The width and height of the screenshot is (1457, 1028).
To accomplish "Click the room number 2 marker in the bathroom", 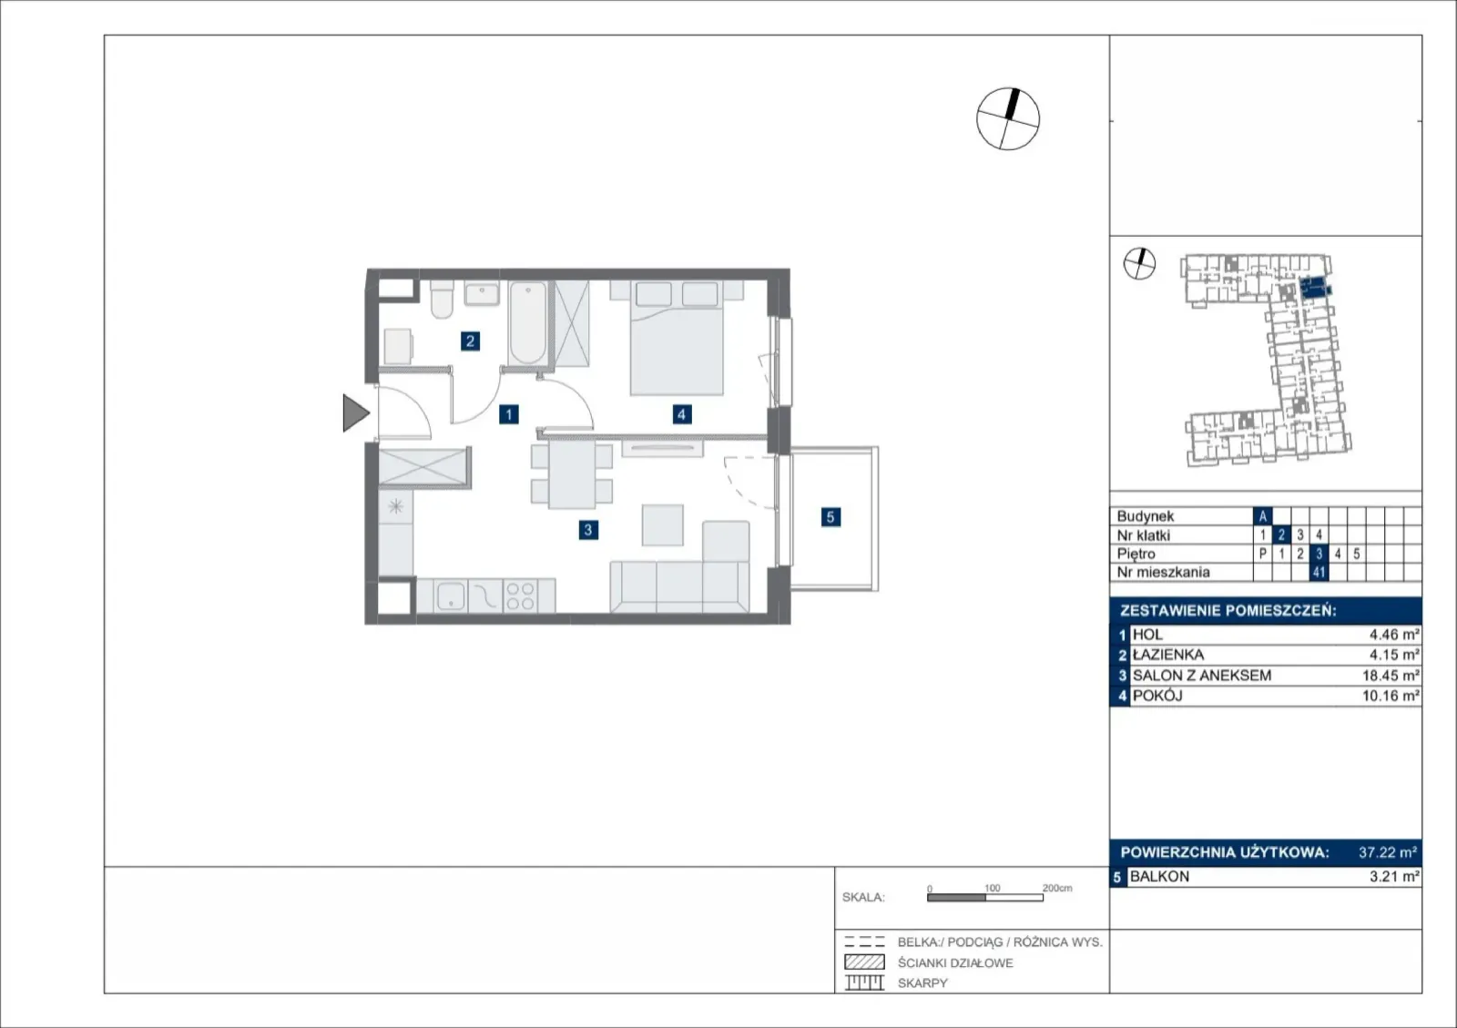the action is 470,341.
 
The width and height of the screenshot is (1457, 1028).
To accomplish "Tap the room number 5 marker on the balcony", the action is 830,517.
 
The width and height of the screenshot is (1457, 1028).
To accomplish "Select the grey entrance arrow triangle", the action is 356,412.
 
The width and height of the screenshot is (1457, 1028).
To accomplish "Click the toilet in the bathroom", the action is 442,299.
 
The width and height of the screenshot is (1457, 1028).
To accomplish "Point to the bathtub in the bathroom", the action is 527,322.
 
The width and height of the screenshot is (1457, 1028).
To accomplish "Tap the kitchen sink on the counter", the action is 450,595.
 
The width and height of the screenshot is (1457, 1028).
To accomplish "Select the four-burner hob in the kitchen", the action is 520,596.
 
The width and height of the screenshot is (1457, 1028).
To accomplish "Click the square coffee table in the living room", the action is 662,525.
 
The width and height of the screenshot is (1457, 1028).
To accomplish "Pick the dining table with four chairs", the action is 572,474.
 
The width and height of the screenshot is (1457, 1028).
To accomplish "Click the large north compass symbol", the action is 1007,119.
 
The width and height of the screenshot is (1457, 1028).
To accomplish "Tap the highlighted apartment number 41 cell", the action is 1319,572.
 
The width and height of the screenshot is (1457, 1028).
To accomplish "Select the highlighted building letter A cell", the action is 1262,516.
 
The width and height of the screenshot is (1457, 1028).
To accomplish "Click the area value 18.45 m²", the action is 1391,676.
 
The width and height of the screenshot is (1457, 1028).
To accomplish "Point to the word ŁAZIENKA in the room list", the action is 1168,655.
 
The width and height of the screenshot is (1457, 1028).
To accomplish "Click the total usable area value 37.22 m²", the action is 1388,852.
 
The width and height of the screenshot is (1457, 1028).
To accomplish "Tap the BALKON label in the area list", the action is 1159,877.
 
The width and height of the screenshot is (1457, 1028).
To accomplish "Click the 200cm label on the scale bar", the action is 1057,888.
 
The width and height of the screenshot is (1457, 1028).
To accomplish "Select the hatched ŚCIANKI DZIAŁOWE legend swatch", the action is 864,962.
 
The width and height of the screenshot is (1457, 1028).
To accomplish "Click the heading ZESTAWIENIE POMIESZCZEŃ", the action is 1228,611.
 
